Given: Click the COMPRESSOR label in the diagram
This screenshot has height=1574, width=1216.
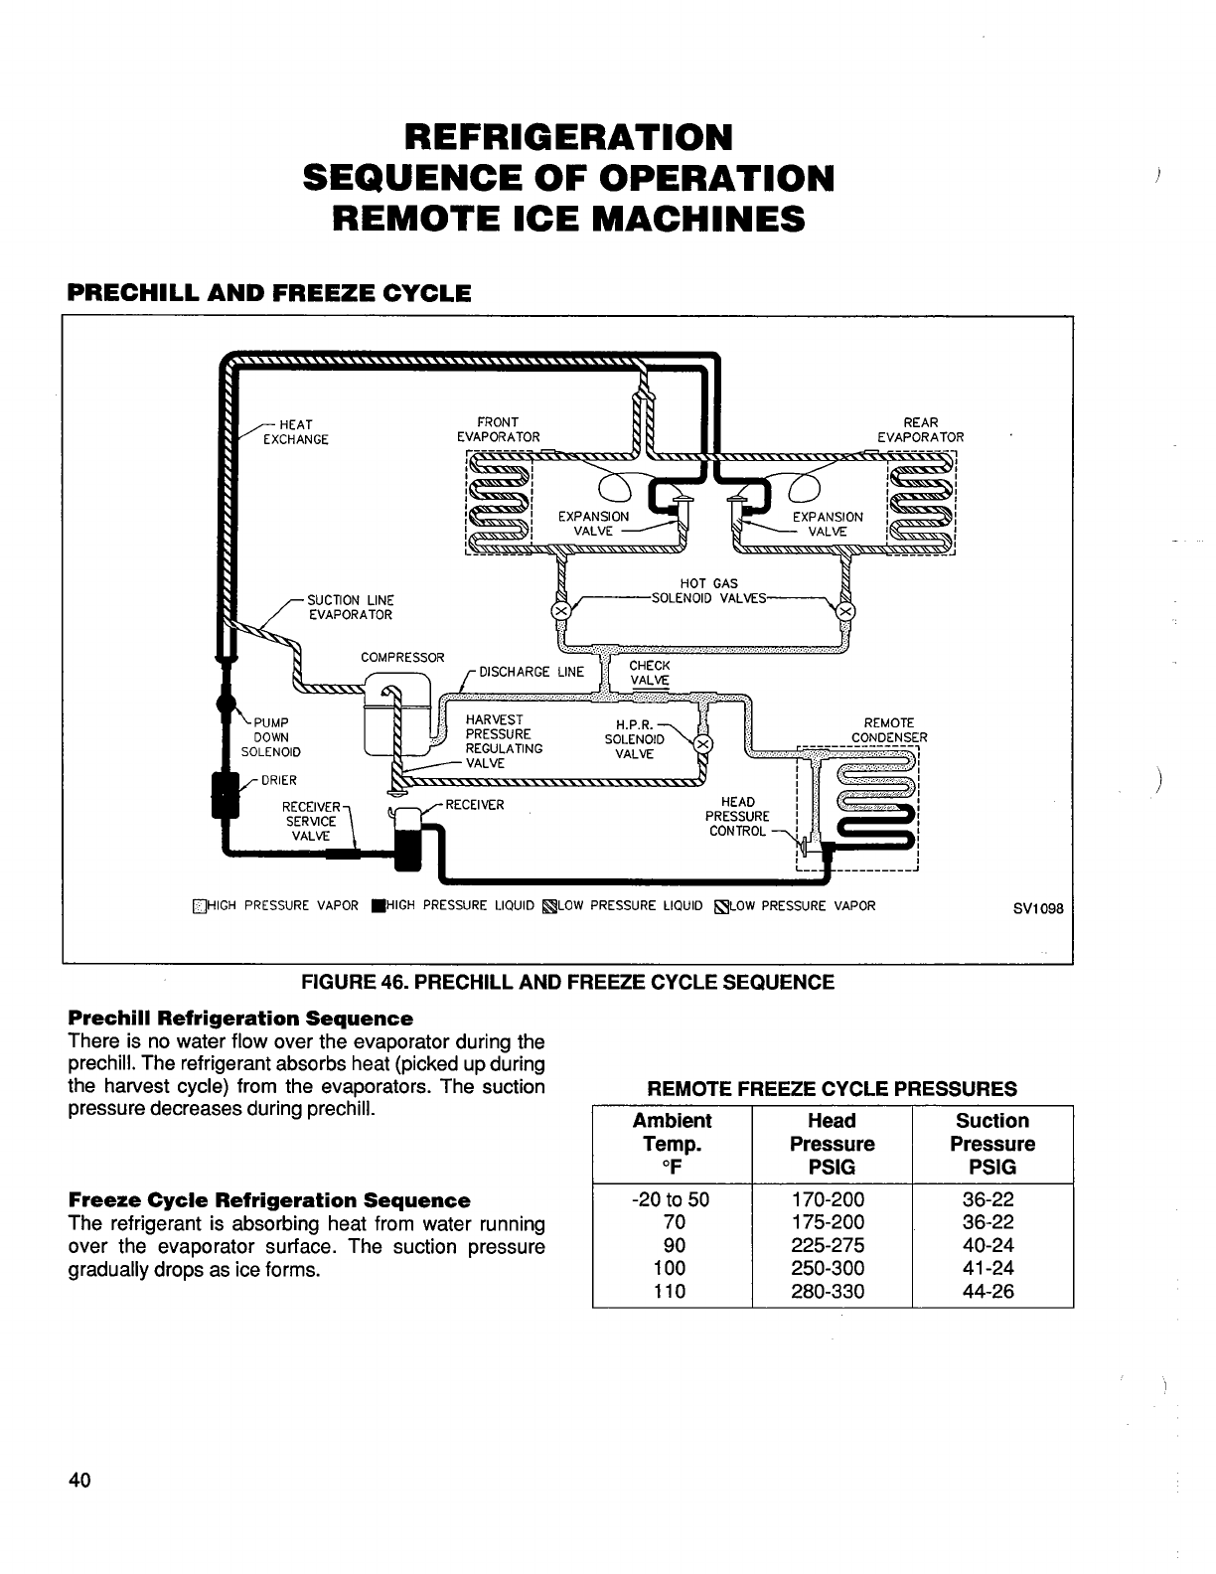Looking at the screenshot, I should coord(402,658).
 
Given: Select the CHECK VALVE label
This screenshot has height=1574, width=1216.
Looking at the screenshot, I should coord(650,673).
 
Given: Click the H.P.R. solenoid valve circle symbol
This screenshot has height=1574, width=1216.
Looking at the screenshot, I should coord(701,744).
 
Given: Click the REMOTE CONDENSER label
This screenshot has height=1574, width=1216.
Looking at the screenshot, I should coord(889,730).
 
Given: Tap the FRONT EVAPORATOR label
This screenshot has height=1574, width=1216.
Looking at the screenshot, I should coord(498,429).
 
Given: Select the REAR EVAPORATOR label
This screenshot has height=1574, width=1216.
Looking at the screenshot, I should coord(920,429).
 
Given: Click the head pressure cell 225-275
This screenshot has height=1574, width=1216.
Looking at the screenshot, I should coord(832,1245).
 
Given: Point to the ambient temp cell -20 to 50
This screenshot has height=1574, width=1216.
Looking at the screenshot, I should coord(672,1199).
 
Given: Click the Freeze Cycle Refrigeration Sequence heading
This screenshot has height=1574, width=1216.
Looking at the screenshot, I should coord(269,1200).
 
